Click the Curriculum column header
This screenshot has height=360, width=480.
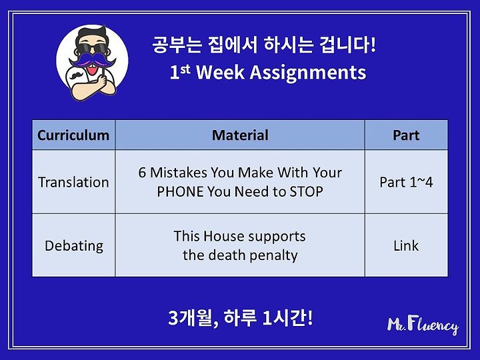click(73, 135)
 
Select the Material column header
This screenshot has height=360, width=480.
click(240, 135)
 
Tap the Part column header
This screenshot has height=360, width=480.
click(406, 135)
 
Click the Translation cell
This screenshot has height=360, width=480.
click(73, 182)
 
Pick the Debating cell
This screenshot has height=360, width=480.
click(74, 246)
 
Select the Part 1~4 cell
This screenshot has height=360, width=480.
click(406, 182)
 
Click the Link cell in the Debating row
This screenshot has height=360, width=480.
click(406, 245)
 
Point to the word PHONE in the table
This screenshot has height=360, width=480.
click(181, 192)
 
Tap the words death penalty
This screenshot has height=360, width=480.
click(253, 255)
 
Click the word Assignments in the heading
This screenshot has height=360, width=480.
click(308, 73)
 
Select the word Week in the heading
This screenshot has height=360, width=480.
click(221, 73)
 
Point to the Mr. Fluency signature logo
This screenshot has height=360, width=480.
click(423, 326)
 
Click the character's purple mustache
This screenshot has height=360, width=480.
click(93, 60)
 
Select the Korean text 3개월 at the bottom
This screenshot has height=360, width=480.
click(191, 318)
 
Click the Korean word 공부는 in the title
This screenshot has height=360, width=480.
click(177, 45)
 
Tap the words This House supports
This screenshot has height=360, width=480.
click(240, 236)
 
